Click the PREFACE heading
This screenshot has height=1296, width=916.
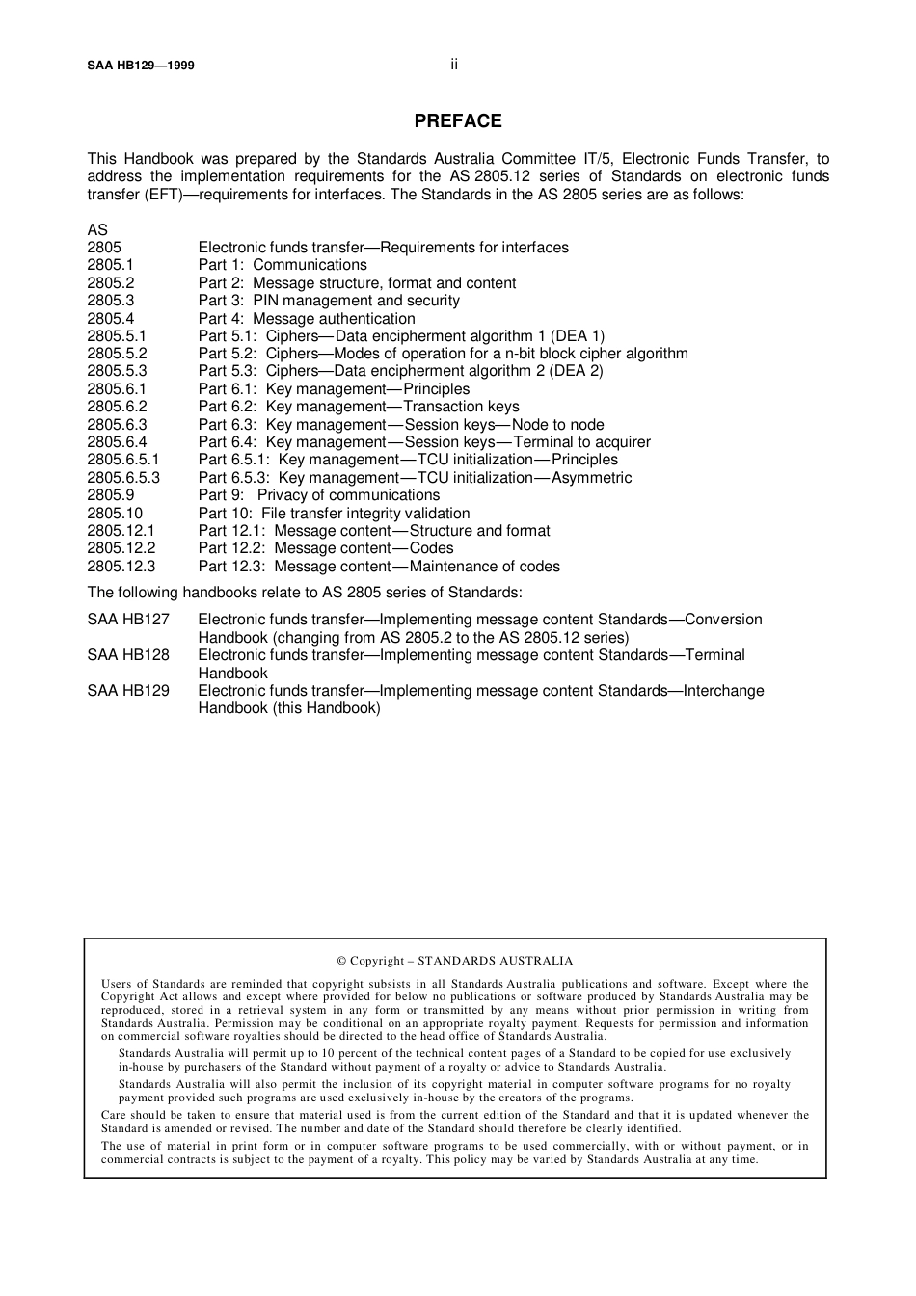tap(458, 121)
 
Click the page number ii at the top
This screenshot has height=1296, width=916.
tap(454, 65)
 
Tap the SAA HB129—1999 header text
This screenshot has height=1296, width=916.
tap(141, 66)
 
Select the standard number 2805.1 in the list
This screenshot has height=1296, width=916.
tap(111, 265)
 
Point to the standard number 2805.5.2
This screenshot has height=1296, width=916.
tap(117, 354)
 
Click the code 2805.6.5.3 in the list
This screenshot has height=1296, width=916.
tap(123, 478)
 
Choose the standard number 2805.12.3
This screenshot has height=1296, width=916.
tap(121, 567)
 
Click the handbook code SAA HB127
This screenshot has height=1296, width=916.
tap(128, 620)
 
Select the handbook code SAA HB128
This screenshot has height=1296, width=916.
tap(128, 655)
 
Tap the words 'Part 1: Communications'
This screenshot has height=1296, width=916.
tap(283, 265)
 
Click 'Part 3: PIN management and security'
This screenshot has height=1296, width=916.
tap(329, 301)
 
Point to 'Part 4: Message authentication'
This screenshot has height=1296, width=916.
tap(307, 319)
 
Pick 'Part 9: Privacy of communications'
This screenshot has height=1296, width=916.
tap(319, 495)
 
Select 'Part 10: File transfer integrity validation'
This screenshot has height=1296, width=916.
tap(334, 514)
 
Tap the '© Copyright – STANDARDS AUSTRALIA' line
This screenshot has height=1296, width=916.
tap(454, 961)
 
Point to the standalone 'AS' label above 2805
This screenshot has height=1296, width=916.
tap(97, 230)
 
